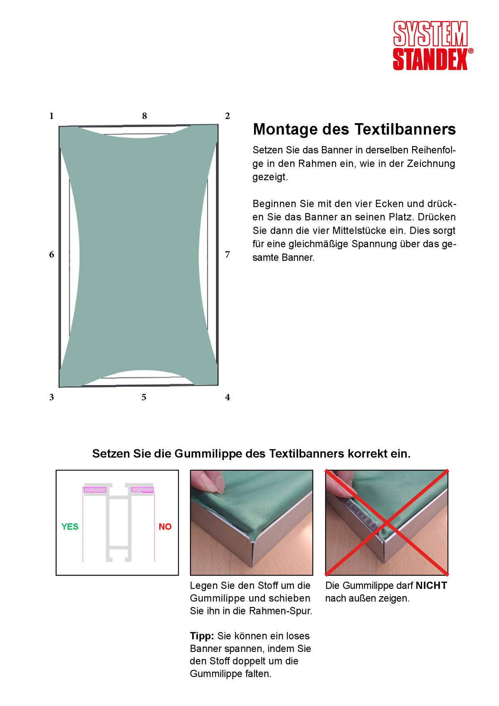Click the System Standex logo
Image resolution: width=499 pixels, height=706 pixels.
(x=432, y=45)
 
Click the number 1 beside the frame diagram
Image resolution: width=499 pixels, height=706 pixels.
(x=52, y=116)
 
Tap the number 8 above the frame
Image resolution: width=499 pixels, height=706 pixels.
(x=144, y=116)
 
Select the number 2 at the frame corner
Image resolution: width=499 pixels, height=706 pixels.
(x=227, y=116)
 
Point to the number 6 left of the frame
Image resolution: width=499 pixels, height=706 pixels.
(x=52, y=254)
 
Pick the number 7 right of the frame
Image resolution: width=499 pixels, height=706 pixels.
(x=227, y=254)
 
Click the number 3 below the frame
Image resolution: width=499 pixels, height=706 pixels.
(x=52, y=397)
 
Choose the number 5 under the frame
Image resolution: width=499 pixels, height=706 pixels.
(x=144, y=397)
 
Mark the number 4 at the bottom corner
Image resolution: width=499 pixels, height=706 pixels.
(x=227, y=397)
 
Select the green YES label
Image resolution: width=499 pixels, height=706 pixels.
(x=70, y=527)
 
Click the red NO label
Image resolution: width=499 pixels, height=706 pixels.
(x=165, y=527)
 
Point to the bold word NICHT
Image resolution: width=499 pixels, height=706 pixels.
(x=431, y=585)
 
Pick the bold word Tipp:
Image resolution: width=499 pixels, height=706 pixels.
(x=202, y=636)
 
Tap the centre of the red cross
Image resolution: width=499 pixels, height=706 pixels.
(x=387, y=523)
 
